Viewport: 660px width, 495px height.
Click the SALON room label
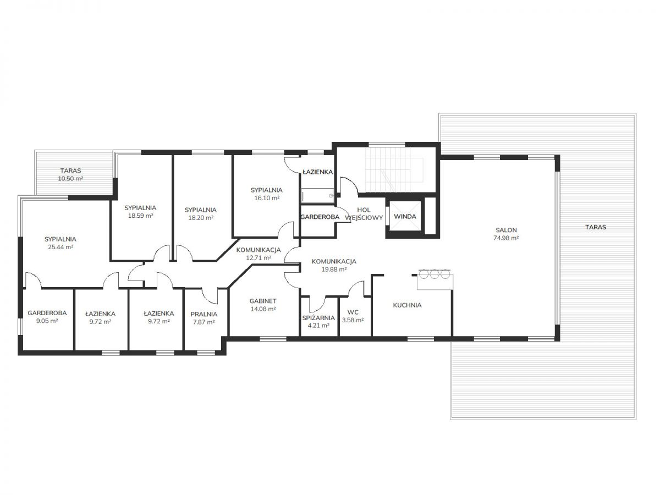pyautogui.click(x=506, y=230)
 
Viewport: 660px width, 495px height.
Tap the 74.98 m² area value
pyautogui.click(x=506, y=238)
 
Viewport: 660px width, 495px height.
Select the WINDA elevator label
pyautogui.click(x=405, y=216)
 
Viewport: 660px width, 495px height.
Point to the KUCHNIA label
pyautogui.click(x=407, y=305)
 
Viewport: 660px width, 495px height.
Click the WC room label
pyautogui.click(x=353, y=312)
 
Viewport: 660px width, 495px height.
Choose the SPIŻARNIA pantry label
pyautogui.click(x=318, y=318)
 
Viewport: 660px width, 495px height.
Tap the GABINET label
pyautogui.click(x=263, y=301)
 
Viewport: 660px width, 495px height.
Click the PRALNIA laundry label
pyautogui.click(x=204, y=314)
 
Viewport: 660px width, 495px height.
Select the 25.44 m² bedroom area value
pyautogui.click(x=61, y=247)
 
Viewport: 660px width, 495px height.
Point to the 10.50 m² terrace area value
pyautogui.click(x=70, y=179)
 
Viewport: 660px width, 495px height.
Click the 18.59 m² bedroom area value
pyautogui.click(x=140, y=216)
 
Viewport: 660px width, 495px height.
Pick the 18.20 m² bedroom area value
pyautogui.click(x=201, y=218)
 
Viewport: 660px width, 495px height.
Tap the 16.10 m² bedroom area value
pyautogui.click(x=267, y=198)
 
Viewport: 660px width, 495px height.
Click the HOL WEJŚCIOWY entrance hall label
pyautogui.click(x=364, y=214)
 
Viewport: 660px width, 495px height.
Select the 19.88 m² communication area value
pyautogui.click(x=334, y=269)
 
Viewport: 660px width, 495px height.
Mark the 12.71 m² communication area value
pyautogui.click(x=258, y=257)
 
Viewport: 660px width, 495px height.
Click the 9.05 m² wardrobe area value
pyautogui.click(x=47, y=321)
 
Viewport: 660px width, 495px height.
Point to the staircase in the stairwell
pyautogui.click(x=394, y=169)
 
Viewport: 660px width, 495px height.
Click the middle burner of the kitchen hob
pyautogui.click(x=434, y=274)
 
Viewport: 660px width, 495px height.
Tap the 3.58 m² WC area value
pyautogui.click(x=353, y=320)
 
